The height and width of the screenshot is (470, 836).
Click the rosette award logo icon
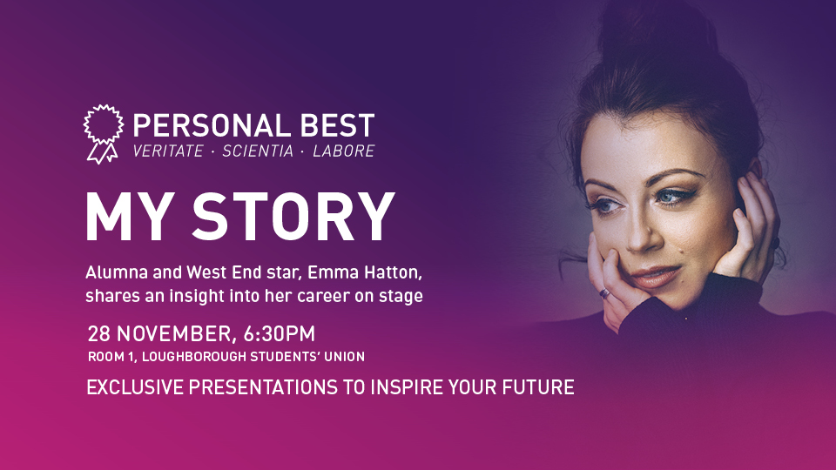tap(103, 134)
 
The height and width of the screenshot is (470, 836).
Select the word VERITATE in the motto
tap(168, 151)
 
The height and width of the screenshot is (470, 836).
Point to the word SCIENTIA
tap(258, 151)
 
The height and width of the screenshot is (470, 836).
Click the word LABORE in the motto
tap(344, 151)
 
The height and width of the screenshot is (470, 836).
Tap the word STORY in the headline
tap(293, 217)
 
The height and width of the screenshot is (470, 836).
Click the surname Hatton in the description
tap(394, 272)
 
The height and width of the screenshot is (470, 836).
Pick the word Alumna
tap(117, 272)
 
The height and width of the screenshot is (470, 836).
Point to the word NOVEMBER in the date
tap(175, 334)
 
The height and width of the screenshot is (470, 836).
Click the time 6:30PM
tap(280, 334)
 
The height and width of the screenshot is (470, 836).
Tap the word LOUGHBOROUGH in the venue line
tap(194, 357)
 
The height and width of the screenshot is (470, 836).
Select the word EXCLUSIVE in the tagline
tap(135, 387)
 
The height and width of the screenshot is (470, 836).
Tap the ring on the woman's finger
tap(604, 292)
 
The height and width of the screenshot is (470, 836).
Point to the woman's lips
tap(654, 277)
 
